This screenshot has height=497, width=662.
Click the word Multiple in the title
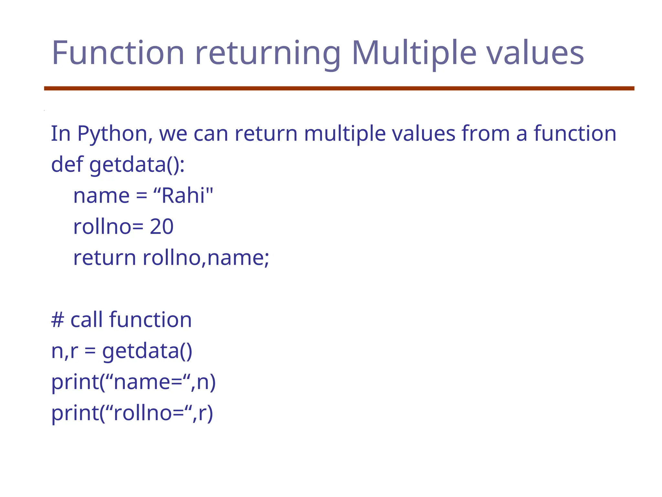[x=414, y=53]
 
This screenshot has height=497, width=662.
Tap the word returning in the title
[x=268, y=53]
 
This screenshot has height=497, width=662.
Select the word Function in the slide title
[x=118, y=53]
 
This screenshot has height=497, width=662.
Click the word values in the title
[x=535, y=53]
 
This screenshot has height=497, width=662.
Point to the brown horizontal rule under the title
[x=339, y=88]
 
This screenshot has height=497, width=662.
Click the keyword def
[x=67, y=164]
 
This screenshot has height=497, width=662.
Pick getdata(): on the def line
[x=137, y=165]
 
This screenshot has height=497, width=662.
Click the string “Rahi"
[x=183, y=195]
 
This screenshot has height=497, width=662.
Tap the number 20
[x=162, y=226]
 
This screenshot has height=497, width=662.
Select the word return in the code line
[x=104, y=258]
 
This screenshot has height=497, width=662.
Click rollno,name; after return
[x=206, y=258]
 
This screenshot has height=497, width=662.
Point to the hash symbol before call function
[x=58, y=320]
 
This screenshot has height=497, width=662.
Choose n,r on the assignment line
[x=64, y=351]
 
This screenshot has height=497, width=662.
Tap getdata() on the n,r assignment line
[x=147, y=351]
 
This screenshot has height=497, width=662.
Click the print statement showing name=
[x=133, y=382]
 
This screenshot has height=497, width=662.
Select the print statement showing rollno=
[x=132, y=413]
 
